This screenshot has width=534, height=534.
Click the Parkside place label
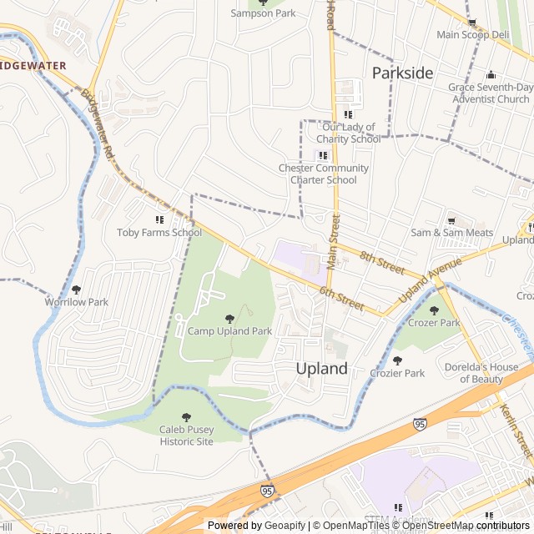402,73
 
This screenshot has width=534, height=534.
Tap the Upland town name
322,368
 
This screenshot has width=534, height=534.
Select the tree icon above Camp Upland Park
229,318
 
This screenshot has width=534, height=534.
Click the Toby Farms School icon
159,219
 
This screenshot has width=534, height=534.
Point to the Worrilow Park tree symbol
76,290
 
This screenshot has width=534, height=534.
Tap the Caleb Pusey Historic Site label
187,436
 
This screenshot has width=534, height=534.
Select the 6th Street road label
342,298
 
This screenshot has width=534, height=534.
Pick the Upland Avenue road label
430,280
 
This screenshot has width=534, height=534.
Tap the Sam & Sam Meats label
451,233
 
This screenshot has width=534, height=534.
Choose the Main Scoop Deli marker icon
472,23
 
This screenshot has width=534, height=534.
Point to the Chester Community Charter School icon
323,155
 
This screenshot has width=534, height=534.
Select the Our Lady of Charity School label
349,133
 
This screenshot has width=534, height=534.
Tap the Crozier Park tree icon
397,360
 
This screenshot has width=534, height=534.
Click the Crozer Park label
434,323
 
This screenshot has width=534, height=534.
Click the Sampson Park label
264,13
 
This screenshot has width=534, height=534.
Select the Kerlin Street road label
516,429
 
